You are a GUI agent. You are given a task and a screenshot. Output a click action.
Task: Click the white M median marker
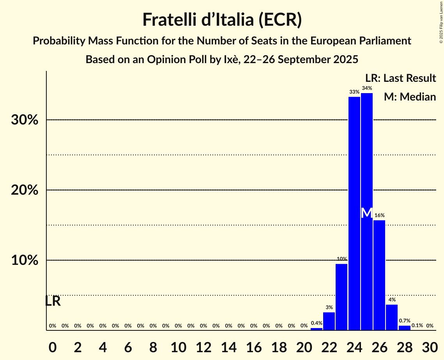[366, 213]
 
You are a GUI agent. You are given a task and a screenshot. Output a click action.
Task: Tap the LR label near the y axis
[53, 301]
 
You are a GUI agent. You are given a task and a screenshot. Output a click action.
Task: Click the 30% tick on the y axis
[25, 120]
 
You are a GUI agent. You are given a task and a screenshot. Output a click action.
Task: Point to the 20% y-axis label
[25, 190]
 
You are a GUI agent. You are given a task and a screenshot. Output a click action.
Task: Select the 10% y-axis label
[25, 260]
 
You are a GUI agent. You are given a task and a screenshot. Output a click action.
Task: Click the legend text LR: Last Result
[400, 78]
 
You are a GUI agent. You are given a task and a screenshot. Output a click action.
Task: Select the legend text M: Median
[410, 97]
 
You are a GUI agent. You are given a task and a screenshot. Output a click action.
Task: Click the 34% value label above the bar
[366, 88]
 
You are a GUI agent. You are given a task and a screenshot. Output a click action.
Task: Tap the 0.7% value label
[404, 321]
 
